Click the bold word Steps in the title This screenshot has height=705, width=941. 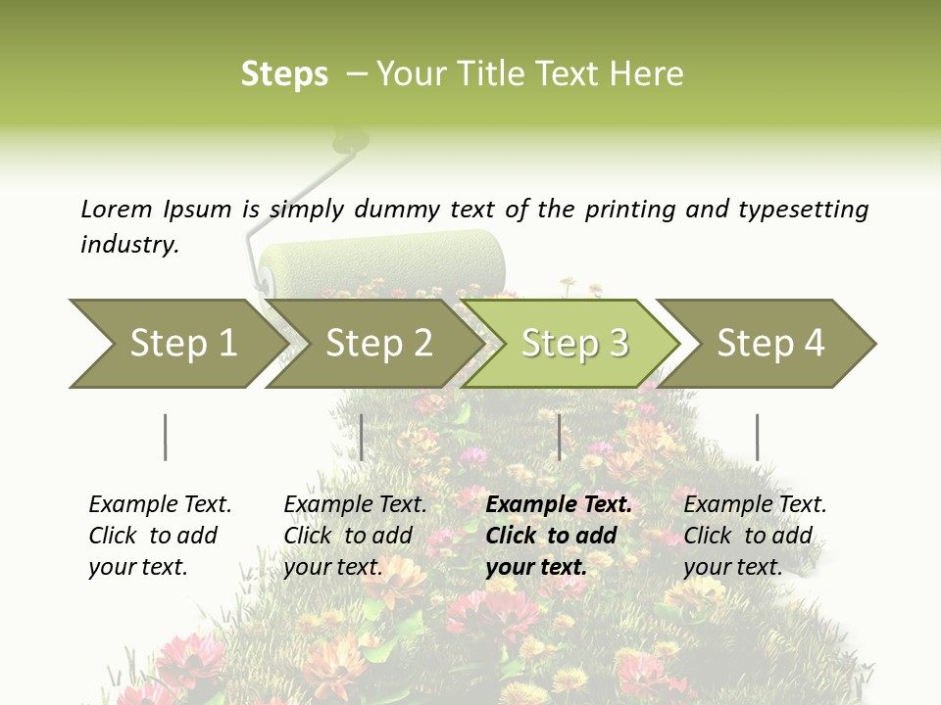(284, 74)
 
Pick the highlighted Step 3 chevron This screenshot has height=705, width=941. (574, 344)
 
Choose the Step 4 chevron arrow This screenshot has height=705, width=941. (770, 344)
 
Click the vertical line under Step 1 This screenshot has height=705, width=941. (166, 437)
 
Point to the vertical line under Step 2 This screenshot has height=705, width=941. (362, 437)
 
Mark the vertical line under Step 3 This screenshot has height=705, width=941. (560, 437)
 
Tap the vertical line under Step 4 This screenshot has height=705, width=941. (757, 437)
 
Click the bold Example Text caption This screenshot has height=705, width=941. (559, 505)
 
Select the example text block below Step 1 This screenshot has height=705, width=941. (160, 536)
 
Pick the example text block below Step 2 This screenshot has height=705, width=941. (355, 536)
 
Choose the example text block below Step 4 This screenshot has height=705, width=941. (755, 536)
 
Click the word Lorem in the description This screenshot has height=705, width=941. (117, 210)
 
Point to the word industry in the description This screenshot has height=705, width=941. (128, 245)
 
